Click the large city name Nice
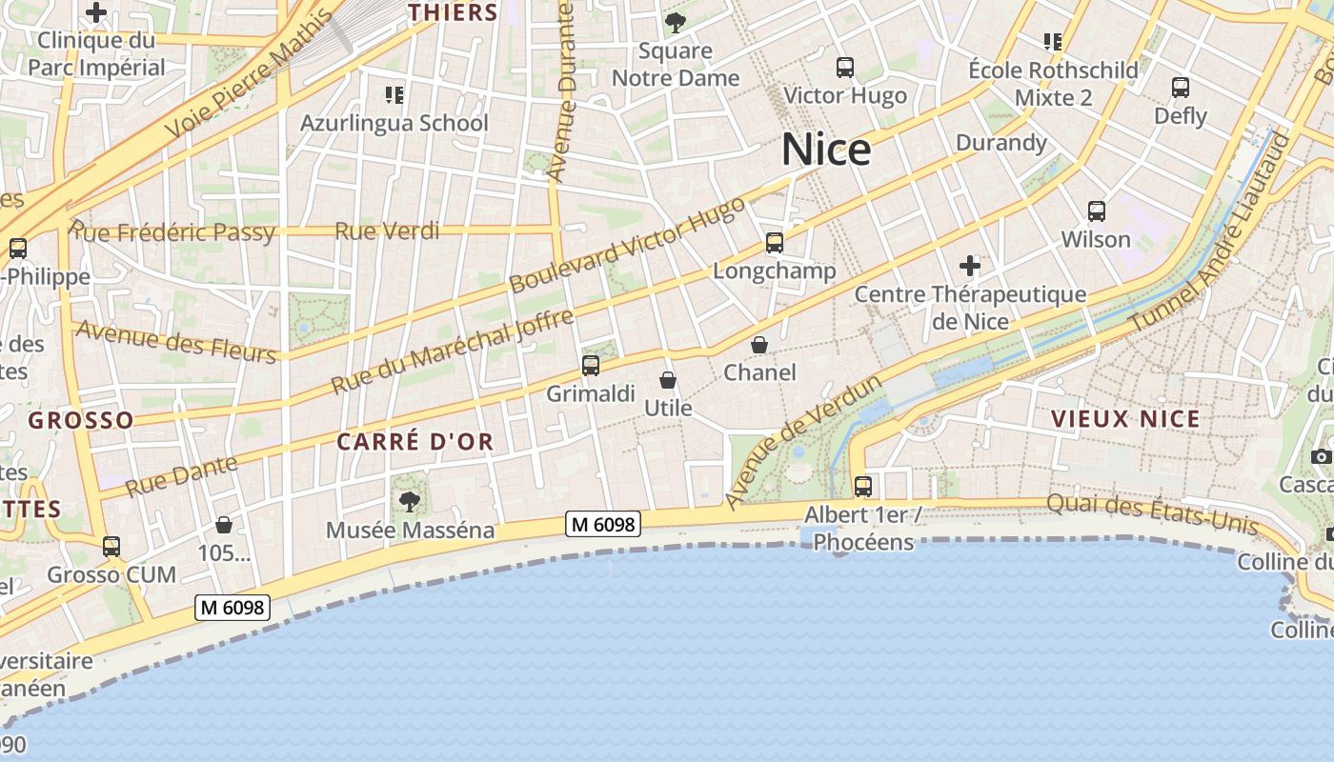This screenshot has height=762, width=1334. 826,150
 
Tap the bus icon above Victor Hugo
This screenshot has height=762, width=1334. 844,68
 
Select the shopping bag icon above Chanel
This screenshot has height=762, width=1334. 759,345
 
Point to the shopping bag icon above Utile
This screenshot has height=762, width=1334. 668,381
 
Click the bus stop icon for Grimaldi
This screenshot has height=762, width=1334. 591,366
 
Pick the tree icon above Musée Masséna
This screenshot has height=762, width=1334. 410,501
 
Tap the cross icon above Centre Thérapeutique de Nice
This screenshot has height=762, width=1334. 970,266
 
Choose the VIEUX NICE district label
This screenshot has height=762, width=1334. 1125,419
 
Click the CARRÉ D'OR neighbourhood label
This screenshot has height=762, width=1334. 414,442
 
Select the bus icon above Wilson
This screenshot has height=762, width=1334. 1096,211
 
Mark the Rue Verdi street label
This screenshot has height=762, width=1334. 387,231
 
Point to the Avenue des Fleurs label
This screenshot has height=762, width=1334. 176,341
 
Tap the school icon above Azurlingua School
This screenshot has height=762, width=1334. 394,94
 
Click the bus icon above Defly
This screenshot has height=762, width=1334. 1181,88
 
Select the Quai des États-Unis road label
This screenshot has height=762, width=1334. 1152,514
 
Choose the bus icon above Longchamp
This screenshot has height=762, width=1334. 774,243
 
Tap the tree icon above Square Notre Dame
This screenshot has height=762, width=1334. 676,23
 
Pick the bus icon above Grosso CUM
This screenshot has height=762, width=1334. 111,547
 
